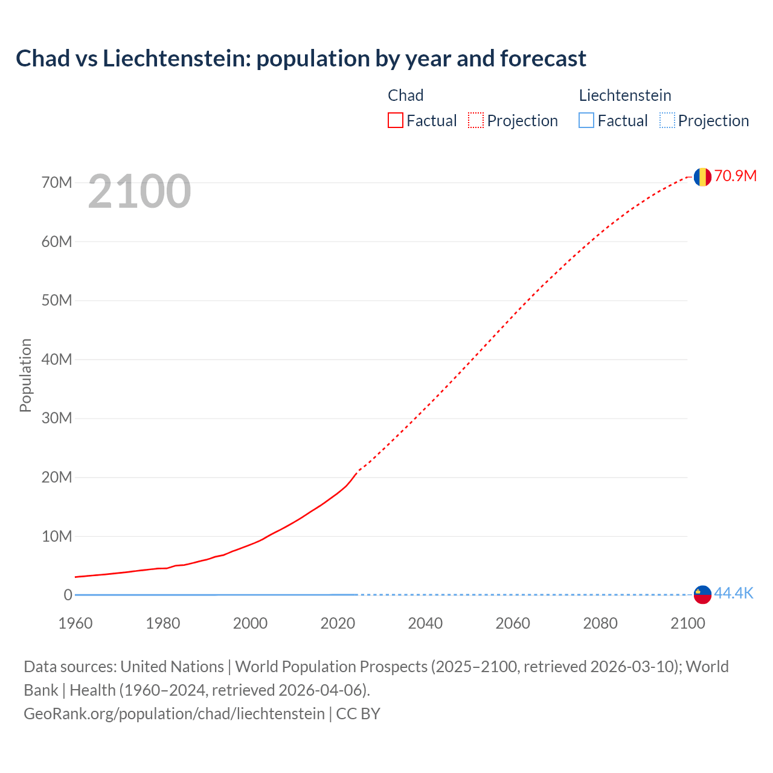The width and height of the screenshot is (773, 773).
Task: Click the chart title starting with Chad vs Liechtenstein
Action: tap(301, 59)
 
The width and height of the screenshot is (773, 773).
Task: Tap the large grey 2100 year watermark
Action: tap(140, 191)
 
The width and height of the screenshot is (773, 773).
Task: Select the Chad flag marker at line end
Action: tap(702, 177)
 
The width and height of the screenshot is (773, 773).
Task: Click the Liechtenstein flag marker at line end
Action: tap(702, 594)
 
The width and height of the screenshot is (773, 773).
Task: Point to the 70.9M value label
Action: tap(735, 176)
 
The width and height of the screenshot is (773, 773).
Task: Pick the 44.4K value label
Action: tap(734, 594)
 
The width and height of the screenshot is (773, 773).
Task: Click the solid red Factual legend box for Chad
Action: tap(395, 121)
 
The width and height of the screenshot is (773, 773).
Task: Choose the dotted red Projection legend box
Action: tap(476, 121)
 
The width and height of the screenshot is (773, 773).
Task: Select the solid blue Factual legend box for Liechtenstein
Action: tap(586, 121)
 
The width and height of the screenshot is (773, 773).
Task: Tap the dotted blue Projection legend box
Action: tap(667, 121)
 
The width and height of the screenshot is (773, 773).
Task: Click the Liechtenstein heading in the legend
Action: tap(625, 95)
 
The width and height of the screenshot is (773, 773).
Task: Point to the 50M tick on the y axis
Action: tap(57, 300)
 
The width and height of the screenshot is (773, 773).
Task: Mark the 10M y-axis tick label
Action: tap(57, 536)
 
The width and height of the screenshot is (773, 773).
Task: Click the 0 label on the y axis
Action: tap(68, 595)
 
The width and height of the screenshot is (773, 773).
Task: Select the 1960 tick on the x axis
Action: tap(75, 623)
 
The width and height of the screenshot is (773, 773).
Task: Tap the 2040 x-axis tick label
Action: tap(425, 623)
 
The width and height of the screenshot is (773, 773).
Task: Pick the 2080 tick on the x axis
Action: tap(600, 623)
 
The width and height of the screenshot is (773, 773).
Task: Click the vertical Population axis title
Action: tap(25, 375)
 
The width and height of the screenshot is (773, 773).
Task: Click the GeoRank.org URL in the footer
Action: tap(174, 714)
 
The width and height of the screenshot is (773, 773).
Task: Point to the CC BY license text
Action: tap(358, 714)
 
